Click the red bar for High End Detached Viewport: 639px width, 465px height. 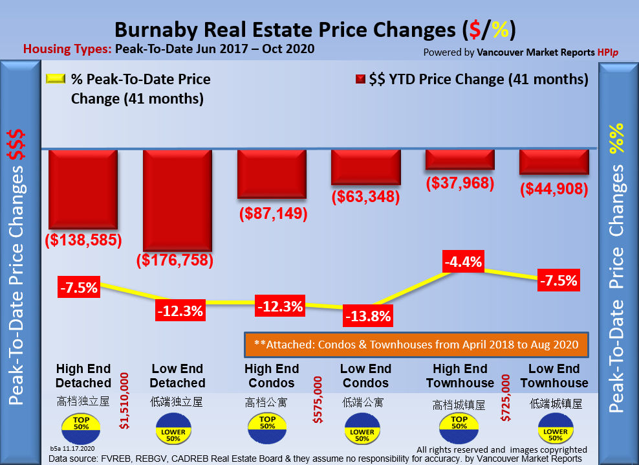[83, 188]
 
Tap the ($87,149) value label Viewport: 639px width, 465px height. [272, 213]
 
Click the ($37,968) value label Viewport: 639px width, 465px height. [460, 183]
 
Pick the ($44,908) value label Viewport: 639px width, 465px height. [554, 189]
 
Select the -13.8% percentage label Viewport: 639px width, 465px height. [368, 317]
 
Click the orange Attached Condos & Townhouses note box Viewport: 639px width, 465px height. [416, 345]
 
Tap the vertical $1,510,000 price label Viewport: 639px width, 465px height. [126, 400]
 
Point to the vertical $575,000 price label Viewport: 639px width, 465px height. [318, 400]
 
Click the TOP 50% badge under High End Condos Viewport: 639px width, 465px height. [267, 426]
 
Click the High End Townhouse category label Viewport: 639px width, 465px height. [460, 376]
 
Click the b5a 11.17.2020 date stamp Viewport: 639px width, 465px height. [72, 448]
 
